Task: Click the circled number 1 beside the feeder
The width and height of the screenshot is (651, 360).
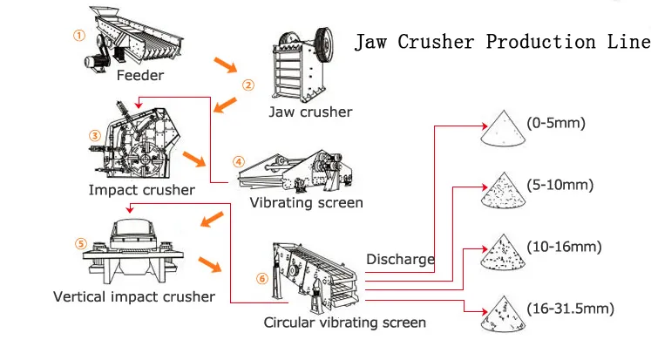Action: click(x=79, y=36)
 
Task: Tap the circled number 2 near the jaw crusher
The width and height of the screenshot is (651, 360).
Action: click(x=248, y=85)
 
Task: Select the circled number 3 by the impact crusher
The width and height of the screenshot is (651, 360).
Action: click(x=95, y=134)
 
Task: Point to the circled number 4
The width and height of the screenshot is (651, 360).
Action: click(x=239, y=162)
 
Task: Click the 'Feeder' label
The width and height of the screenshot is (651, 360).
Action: click(x=140, y=76)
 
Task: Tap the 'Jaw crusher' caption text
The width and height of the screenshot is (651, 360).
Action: click(x=310, y=112)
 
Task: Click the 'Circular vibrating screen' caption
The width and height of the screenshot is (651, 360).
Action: click(x=345, y=323)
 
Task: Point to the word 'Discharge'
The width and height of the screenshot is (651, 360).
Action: click(x=400, y=259)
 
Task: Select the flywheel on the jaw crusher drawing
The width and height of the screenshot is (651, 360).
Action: click(x=324, y=44)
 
